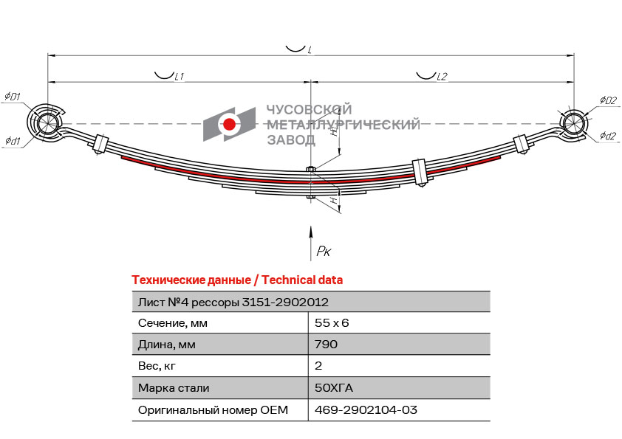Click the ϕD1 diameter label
[x=13, y=96]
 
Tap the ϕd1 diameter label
[x=13, y=141]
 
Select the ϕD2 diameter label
[x=609, y=100]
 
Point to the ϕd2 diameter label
[x=608, y=136]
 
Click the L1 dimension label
[x=180, y=76]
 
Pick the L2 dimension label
[x=442, y=76]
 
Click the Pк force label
[x=324, y=251]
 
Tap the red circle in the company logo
[x=229, y=125]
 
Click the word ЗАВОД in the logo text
[x=291, y=140]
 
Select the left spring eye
[x=44, y=122]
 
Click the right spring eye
[x=573, y=122]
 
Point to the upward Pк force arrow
[x=310, y=243]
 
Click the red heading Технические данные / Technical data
[x=237, y=280]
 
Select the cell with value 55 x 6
[x=332, y=323]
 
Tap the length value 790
[x=326, y=345]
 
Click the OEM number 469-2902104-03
[x=366, y=409]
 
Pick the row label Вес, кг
[x=157, y=366]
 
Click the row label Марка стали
[x=174, y=388]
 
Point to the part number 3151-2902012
[x=285, y=303]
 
